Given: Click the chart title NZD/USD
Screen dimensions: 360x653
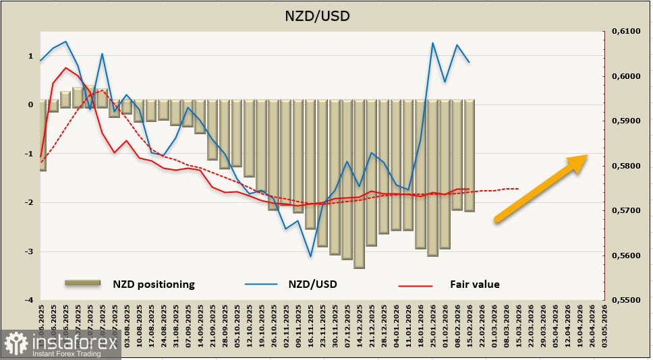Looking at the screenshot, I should click(x=326, y=15).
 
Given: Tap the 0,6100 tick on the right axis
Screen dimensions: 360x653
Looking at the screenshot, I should click(x=624, y=32).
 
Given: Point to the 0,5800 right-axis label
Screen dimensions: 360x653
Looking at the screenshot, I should click(x=624, y=166).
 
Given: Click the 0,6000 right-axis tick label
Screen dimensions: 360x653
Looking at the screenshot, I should click(x=624, y=76).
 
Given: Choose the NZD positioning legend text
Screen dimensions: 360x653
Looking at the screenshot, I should click(x=154, y=284).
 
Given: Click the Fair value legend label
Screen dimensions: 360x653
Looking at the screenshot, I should click(x=475, y=284).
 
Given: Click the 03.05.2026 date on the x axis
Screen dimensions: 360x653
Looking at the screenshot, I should click(x=604, y=324).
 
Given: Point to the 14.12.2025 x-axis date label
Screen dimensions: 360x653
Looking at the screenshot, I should click(x=359, y=324).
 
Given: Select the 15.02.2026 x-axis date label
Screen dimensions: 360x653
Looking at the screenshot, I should click(x=469, y=324).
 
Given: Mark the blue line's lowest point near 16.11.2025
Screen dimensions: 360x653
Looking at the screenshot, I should click(x=310, y=256).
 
